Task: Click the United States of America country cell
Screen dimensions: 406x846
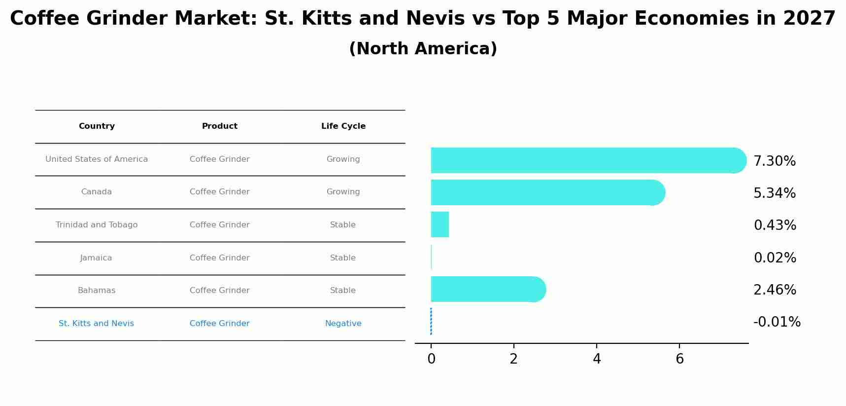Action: (x=97, y=159)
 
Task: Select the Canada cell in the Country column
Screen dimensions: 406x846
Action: (x=97, y=192)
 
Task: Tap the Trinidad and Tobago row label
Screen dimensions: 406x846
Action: (x=97, y=225)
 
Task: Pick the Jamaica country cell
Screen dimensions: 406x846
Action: (x=96, y=258)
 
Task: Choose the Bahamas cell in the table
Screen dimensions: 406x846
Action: (x=97, y=291)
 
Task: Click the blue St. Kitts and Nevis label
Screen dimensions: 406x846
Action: (x=96, y=324)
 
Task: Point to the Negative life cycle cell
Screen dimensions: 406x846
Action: (x=343, y=324)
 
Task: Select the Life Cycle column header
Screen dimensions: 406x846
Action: (x=343, y=126)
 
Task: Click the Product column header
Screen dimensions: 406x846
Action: (x=220, y=126)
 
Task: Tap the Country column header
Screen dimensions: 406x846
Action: (x=97, y=126)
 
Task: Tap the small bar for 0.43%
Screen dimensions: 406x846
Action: (x=440, y=224)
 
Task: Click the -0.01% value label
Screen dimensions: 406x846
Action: (x=777, y=322)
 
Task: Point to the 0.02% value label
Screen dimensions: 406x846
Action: (x=775, y=258)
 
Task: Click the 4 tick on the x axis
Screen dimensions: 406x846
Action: (x=597, y=359)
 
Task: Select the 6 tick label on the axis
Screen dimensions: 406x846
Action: (x=679, y=359)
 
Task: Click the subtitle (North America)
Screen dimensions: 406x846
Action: (x=423, y=49)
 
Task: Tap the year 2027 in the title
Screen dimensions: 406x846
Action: (x=809, y=19)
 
